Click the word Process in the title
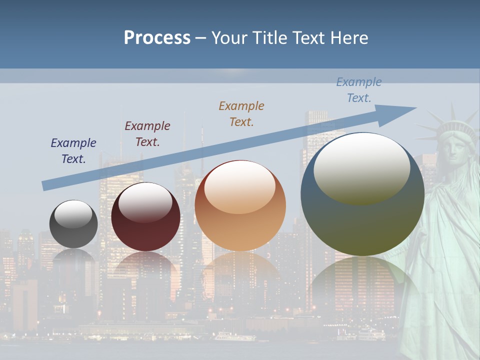tap(157, 38)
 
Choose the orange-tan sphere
tap(240, 220)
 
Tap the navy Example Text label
tap(73, 151)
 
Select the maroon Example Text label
tap(147, 134)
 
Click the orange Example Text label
tap(241, 114)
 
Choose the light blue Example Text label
tap(359, 90)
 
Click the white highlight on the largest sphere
tap(361, 167)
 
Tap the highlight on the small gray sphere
tap(73, 214)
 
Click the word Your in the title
tap(230, 38)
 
